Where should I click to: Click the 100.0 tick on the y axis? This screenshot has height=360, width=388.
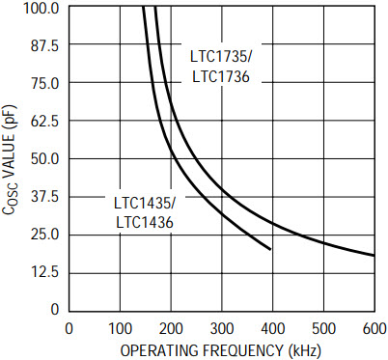pyautogui.click(x=41, y=8)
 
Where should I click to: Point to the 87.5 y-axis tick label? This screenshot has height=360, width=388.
pyautogui.click(x=44, y=46)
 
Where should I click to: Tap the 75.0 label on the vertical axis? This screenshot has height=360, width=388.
pyautogui.click(x=44, y=84)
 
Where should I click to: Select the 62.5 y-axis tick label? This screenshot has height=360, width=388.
pyautogui.click(x=44, y=122)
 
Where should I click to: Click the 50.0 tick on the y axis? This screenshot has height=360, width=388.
pyautogui.click(x=44, y=159)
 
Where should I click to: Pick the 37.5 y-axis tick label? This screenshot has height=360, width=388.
pyautogui.click(x=44, y=197)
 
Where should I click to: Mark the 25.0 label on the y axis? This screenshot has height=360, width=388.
pyautogui.click(x=44, y=235)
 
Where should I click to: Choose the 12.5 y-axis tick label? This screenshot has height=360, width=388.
pyautogui.click(x=44, y=272)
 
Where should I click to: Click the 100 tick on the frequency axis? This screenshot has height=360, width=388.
pyautogui.click(x=120, y=329)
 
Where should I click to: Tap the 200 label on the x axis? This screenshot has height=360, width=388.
pyautogui.click(x=171, y=329)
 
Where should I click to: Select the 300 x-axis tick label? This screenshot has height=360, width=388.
pyautogui.click(x=222, y=329)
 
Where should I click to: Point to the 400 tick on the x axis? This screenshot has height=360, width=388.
pyautogui.click(x=272, y=329)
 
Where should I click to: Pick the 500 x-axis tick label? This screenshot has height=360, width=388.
pyautogui.click(x=323, y=329)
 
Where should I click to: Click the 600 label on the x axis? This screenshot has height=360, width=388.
pyautogui.click(x=374, y=329)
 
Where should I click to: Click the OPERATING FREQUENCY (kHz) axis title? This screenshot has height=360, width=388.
pyautogui.click(x=221, y=350)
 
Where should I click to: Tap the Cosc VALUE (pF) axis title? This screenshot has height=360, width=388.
pyautogui.click(x=9, y=159)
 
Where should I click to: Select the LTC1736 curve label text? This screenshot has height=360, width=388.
pyautogui.click(x=221, y=77)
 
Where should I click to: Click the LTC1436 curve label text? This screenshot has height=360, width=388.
pyautogui.click(x=145, y=222)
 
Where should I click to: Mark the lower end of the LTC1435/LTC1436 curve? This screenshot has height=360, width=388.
pyautogui.click(x=270, y=249)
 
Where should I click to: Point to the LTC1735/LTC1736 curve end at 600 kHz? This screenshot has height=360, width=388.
pyautogui.click(x=374, y=256)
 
